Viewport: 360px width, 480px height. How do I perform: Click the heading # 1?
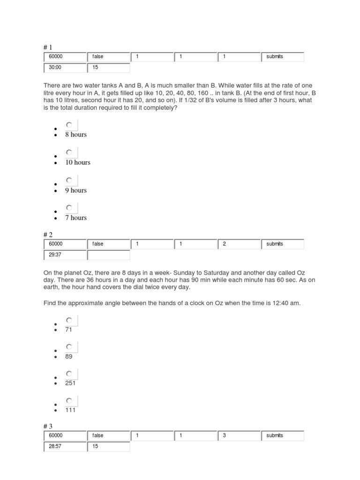[x=49, y=47]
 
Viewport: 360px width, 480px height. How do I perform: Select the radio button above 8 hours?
[x=69, y=125]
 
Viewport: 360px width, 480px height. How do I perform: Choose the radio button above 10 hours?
[x=69, y=152]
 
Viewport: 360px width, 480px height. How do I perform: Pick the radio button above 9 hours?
[x=69, y=180]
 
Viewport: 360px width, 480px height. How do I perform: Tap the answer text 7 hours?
[x=75, y=217]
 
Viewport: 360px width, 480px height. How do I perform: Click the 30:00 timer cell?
[x=65, y=67]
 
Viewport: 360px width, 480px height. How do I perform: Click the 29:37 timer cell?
[x=65, y=255]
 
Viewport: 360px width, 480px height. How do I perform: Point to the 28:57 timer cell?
[x=65, y=447]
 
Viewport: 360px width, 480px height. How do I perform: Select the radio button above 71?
[x=69, y=320]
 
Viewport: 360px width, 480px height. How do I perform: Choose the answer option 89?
[x=69, y=356]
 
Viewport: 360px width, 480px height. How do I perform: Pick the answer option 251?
[x=70, y=383]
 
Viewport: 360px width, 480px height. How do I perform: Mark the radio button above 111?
[x=69, y=400]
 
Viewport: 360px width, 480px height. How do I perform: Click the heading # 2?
[x=49, y=234]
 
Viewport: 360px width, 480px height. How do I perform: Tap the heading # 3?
[x=49, y=426]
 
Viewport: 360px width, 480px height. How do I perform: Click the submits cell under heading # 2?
[x=282, y=244]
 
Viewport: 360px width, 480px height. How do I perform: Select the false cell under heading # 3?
[x=108, y=435]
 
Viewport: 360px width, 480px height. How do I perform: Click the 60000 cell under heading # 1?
[x=65, y=57]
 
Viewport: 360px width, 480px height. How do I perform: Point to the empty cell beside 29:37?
[x=108, y=255]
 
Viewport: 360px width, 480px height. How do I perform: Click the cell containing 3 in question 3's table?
[x=239, y=435]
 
